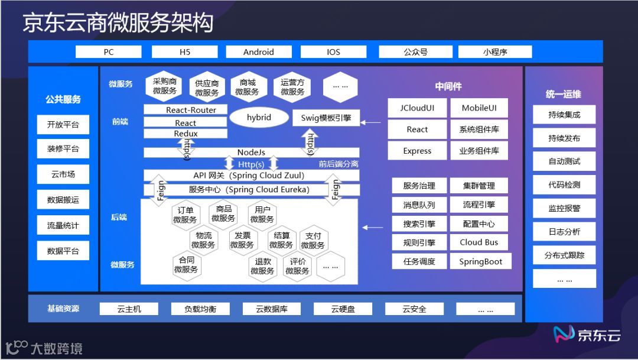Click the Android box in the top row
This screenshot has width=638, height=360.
[258, 52]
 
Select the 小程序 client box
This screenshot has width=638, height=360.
[495, 52]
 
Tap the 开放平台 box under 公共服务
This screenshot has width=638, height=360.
[63, 125]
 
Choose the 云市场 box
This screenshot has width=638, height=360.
[63, 174]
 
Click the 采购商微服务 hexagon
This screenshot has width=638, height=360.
[164, 86]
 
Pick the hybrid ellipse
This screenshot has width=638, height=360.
[259, 117]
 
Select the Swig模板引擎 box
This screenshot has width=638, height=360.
[326, 118]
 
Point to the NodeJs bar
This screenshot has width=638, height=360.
[251, 153]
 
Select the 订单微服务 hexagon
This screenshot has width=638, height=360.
[185, 215]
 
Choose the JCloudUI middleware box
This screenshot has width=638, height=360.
[417, 108]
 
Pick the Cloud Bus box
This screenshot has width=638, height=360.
[479, 242]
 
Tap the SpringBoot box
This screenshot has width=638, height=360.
[480, 261]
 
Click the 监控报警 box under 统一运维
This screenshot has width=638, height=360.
[564, 209]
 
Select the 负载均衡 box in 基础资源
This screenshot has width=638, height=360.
[200, 309]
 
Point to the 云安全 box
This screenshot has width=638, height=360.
[414, 309]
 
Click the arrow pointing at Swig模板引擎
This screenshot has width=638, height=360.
[372, 122]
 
